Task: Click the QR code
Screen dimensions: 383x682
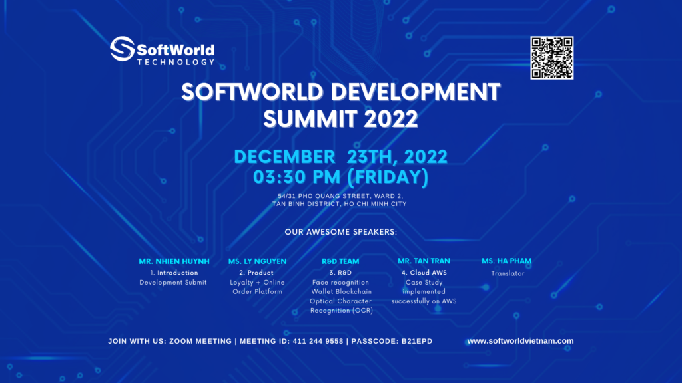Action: click(x=552, y=58)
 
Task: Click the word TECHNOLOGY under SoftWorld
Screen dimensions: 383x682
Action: click(x=176, y=62)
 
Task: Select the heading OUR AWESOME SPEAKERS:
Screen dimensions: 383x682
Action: click(x=340, y=233)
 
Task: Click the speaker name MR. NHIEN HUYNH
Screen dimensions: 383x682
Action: click(x=174, y=261)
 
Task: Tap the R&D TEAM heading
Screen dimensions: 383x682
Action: click(x=341, y=261)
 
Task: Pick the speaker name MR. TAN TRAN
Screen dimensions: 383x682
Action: click(x=424, y=261)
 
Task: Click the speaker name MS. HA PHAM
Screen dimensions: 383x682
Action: click(x=507, y=261)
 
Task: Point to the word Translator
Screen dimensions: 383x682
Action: click(x=508, y=273)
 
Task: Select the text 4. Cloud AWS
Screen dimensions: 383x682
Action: click(x=424, y=273)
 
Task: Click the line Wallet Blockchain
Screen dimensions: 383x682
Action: click(x=341, y=291)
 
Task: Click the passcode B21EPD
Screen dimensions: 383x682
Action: click(x=416, y=341)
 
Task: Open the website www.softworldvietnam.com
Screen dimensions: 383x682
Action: click(x=520, y=341)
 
